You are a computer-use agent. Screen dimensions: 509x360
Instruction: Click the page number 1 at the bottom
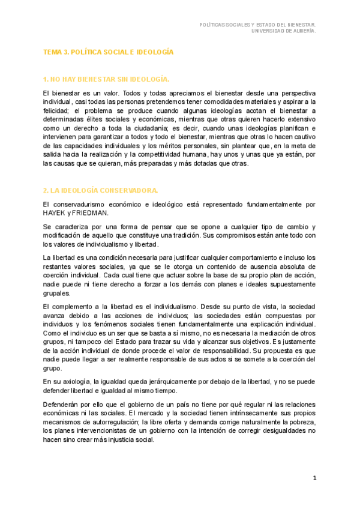(x=314, y=478)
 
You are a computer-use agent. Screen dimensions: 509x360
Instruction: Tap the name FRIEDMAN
(x=91, y=213)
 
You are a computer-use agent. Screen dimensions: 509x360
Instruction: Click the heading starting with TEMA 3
(x=108, y=52)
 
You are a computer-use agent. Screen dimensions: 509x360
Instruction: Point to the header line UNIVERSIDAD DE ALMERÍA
(x=284, y=31)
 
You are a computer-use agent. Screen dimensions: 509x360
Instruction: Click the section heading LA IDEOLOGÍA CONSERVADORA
(x=100, y=190)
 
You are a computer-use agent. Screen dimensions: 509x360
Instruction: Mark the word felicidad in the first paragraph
(x=56, y=111)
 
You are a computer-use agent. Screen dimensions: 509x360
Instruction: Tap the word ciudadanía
(x=148, y=128)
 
